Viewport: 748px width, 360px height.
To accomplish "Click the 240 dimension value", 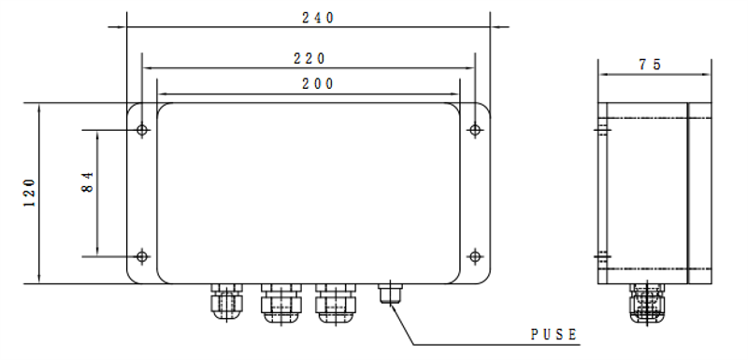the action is coord(318,18).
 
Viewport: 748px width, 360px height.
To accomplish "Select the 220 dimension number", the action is coord(309,59).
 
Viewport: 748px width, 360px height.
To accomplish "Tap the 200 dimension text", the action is coord(318,84).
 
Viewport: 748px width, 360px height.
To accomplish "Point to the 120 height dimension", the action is coord(30,193).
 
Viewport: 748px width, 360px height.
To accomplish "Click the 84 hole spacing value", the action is coord(88,181).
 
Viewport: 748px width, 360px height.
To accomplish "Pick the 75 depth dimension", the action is coord(650,65).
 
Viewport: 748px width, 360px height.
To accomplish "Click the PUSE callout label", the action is coord(554,335).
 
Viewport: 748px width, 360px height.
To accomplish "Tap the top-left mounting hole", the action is coord(142,129).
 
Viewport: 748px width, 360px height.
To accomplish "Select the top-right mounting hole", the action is coord(475,129).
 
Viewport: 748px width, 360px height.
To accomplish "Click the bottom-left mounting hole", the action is coord(142,256).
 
